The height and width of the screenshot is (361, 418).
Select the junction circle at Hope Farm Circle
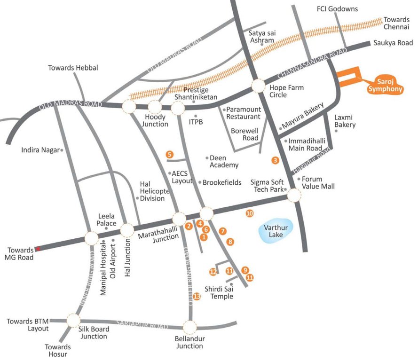[258, 86]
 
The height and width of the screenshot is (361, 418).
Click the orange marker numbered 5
[169, 154]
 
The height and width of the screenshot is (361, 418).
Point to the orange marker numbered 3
[275, 160]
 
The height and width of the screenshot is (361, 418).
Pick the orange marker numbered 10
[250, 213]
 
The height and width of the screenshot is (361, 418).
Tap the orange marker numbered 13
[197, 296]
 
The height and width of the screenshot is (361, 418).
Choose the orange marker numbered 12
[213, 272]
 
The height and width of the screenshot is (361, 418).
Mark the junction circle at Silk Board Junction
[73, 321]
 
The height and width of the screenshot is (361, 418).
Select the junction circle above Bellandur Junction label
[189, 327]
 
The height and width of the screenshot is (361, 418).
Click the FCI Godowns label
[338, 9]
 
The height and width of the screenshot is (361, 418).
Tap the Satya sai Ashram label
[261, 36]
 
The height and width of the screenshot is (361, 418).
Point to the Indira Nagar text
[40, 150]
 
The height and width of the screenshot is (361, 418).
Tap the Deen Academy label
[224, 161]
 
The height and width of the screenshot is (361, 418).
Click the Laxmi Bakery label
[345, 121]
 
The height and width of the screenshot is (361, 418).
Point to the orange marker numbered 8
[230, 242]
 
